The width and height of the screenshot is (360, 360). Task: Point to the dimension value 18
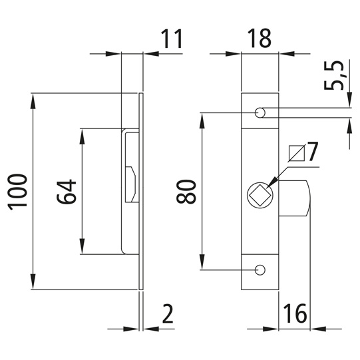[259, 39]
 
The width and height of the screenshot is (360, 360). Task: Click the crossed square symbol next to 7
[297, 153]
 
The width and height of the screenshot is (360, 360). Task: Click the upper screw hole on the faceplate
[260, 112]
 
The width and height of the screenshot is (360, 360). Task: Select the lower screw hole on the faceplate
[260, 270]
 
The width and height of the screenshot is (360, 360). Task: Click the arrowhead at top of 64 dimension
[83, 134]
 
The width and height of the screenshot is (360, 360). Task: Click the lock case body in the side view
[130, 193]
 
